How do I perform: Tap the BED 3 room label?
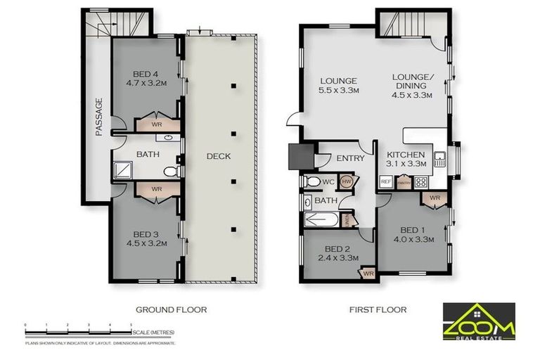pyautogui.click(x=147, y=239)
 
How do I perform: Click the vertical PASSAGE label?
pyautogui.click(x=99, y=117)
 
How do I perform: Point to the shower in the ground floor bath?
pyautogui.click(x=123, y=169)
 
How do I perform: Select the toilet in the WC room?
pyautogui.click(x=313, y=181)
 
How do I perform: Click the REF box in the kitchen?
pyautogui.click(x=385, y=181)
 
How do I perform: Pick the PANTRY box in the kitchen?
pyautogui.click(x=404, y=182)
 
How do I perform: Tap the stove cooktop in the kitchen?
pyautogui.click(x=422, y=181)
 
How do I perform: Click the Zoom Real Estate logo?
pyautogui.click(x=477, y=321)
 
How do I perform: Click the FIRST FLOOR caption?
pyautogui.click(x=378, y=309)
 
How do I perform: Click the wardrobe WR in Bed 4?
pyautogui.click(x=156, y=124)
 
